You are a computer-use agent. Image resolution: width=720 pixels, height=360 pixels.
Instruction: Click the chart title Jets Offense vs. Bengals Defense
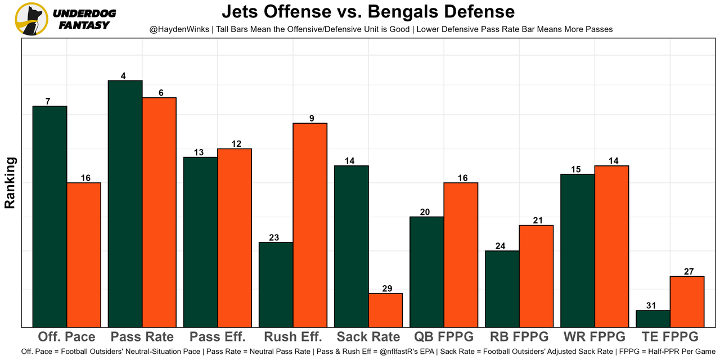tap(368, 11)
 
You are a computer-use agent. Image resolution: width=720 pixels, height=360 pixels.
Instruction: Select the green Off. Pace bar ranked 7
tap(50, 216)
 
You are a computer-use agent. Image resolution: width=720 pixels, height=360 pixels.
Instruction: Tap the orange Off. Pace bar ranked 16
tap(84, 254)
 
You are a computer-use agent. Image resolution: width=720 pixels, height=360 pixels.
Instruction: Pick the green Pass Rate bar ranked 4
tap(125, 204)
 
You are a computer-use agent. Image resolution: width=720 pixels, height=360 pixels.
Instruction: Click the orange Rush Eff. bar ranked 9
tap(310, 224)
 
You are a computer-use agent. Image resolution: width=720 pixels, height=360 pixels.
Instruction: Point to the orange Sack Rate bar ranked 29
tap(385, 310)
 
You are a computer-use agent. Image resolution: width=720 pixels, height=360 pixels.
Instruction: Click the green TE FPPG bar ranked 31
tap(652, 318)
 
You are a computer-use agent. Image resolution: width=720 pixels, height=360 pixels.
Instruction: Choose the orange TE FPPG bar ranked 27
tap(687, 301)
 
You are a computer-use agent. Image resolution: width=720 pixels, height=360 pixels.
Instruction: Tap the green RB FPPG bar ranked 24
tap(502, 289)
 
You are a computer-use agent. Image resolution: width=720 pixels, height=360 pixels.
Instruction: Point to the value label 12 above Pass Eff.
tap(236, 144)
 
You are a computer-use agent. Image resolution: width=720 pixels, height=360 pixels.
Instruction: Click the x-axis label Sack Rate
tap(368, 337)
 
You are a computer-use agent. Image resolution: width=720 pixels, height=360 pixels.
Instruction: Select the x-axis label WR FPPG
tap(595, 337)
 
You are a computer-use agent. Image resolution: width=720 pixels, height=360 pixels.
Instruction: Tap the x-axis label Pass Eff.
tap(218, 337)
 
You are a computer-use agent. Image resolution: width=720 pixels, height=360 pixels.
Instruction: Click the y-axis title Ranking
tap(10, 183)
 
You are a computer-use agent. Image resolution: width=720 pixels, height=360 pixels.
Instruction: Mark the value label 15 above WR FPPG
tap(577, 169)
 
